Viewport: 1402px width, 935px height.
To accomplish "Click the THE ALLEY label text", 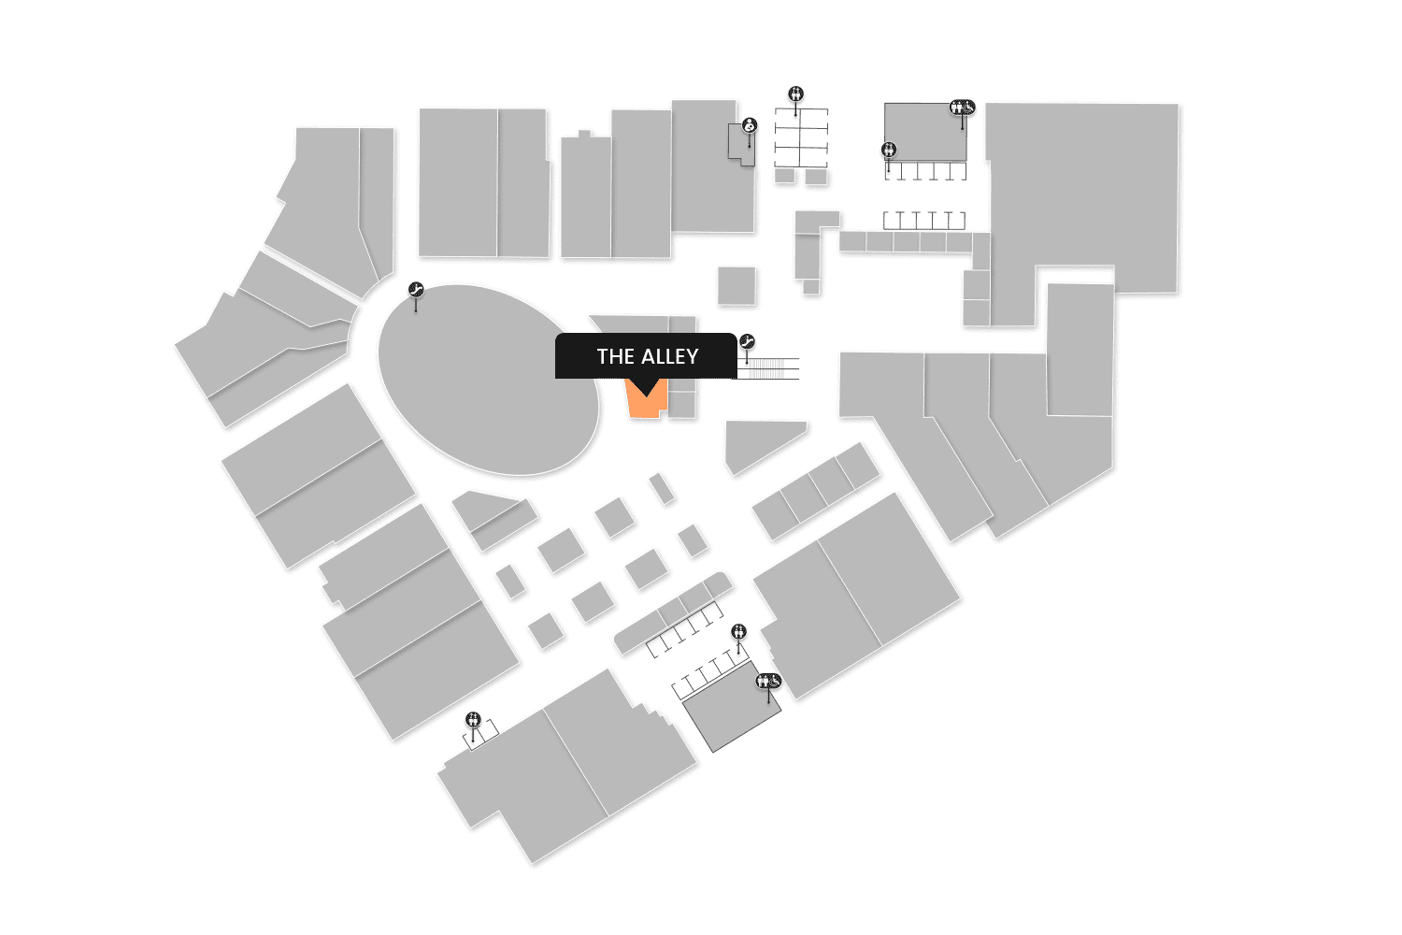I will coord(647,356).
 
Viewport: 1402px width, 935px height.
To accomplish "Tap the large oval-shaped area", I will coord(488,379).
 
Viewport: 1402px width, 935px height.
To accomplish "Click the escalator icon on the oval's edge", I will coord(416,290).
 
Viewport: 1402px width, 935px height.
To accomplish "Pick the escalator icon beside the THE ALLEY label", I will coord(747,341).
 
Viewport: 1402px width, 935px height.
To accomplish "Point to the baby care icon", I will coord(749,125).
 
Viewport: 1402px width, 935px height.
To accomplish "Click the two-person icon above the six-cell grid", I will coord(795,93).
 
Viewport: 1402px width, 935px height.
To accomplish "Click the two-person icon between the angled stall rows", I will coord(739,632).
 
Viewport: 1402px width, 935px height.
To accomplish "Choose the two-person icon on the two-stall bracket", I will coord(474,719).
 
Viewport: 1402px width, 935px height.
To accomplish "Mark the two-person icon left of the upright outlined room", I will coord(888,150).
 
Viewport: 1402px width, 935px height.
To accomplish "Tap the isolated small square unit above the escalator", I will coord(737,285).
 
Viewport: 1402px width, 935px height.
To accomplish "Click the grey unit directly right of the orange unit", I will coord(682,404).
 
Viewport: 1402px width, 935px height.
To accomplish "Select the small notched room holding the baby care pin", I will coord(740,145).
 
